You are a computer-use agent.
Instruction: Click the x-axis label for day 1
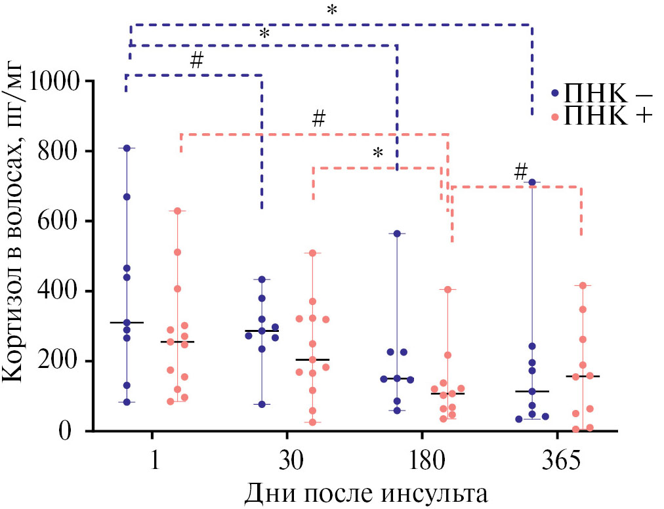(x=153, y=460)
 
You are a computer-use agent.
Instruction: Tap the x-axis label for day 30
(x=287, y=460)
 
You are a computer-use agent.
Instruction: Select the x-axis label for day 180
(x=421, y=460)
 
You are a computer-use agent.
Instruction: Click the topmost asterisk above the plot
(x=332, y=10)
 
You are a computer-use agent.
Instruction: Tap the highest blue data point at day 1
(x=127, y=148)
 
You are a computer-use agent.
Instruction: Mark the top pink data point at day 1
(x=178, y=211)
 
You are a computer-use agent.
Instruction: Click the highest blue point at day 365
(x=532, y=182)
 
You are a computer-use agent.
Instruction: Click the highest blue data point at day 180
(x=396, y=234)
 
